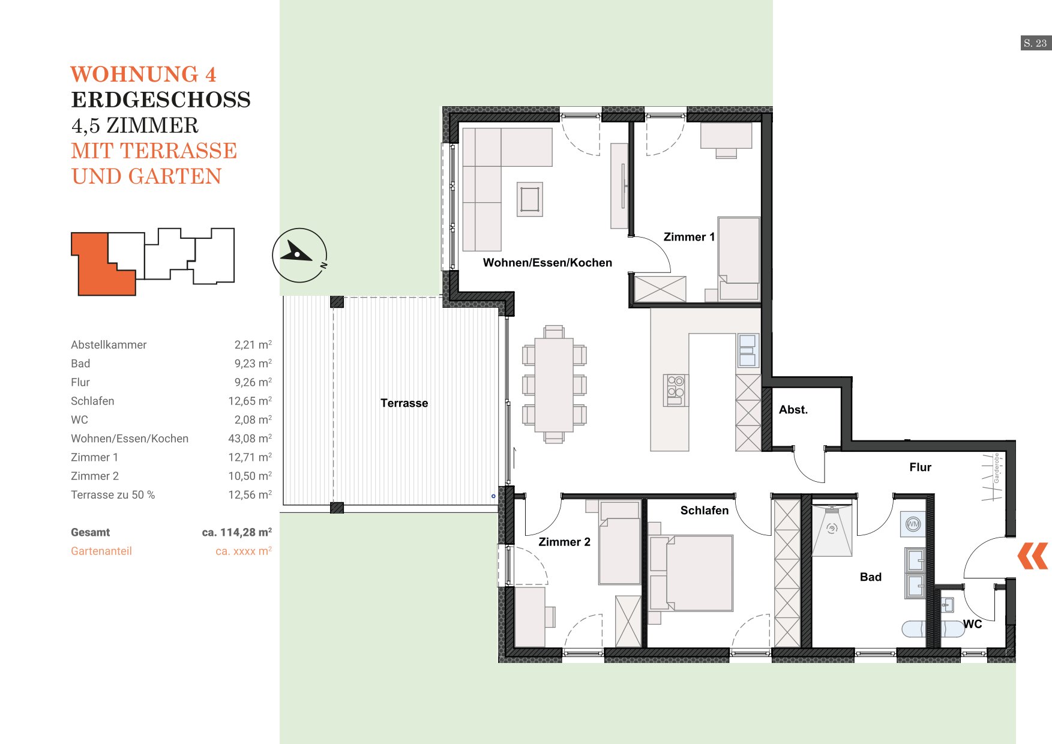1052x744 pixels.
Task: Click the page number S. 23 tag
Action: click(x=1036, y=43)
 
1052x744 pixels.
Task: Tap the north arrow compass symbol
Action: click(x=299, y=255)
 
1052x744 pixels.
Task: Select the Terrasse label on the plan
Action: click(x=404, y=403)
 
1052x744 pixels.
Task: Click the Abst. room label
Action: click(x=793, y=410)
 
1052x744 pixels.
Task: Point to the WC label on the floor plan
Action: click(x=972, y=624)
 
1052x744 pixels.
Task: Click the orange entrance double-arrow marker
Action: click(x=1033, y=556)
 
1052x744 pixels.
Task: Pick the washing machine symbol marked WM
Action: click(x=913, y=524)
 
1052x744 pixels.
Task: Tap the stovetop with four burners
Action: click(x=676, y=390)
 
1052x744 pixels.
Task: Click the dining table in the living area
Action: click(x=554, y=385)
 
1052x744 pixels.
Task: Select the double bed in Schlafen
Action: click(x=691, y=573)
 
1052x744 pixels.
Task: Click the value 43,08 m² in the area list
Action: click(x=250, y=439)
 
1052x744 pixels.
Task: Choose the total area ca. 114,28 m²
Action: click(x=236, y=532)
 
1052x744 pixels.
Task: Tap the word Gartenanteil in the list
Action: click(x=101, y=551)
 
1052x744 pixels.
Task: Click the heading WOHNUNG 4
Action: click(x=143, y=74)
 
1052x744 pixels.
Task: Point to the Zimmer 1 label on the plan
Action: click(x=689, y=237)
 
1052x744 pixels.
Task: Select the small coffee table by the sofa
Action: click(x=530, y=199)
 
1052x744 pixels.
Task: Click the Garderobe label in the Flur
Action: click(x=997, y=468)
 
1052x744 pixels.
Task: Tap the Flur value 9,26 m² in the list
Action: click(x=253, y=382)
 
